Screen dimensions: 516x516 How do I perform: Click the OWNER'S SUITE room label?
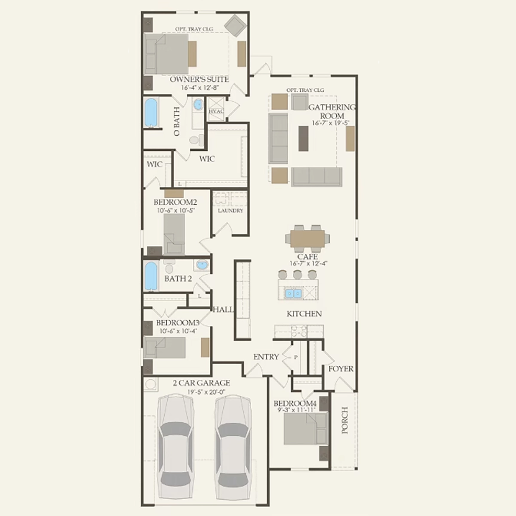[x=199, y=79]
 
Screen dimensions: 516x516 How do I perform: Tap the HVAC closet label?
[x=216, y=111]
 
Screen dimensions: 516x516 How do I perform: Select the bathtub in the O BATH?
[x=151, y=113]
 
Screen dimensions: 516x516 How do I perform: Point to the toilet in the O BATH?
[x=197, y=140]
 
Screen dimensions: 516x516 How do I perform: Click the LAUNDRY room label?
[x=230, y=210]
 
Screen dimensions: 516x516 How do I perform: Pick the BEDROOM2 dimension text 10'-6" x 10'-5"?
[x=176, y=210]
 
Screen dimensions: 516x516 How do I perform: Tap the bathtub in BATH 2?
[x=151, y=276]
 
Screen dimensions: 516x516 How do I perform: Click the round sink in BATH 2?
[x=202, y=265]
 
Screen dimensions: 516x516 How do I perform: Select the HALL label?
[x=223, y=310]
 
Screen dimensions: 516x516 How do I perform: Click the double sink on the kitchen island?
[x=294, y=294]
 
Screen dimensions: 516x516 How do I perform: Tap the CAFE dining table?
[x=307, y=238]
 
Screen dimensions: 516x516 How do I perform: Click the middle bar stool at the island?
[x=298, y=274]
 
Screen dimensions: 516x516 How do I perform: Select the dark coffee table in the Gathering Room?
[x=304, y=138]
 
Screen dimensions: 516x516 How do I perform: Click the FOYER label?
[x=341, y=369]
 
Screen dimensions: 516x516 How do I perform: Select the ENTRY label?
[x=266, y=356]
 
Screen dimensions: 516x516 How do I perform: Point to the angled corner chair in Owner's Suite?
[x=235, y=26]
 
